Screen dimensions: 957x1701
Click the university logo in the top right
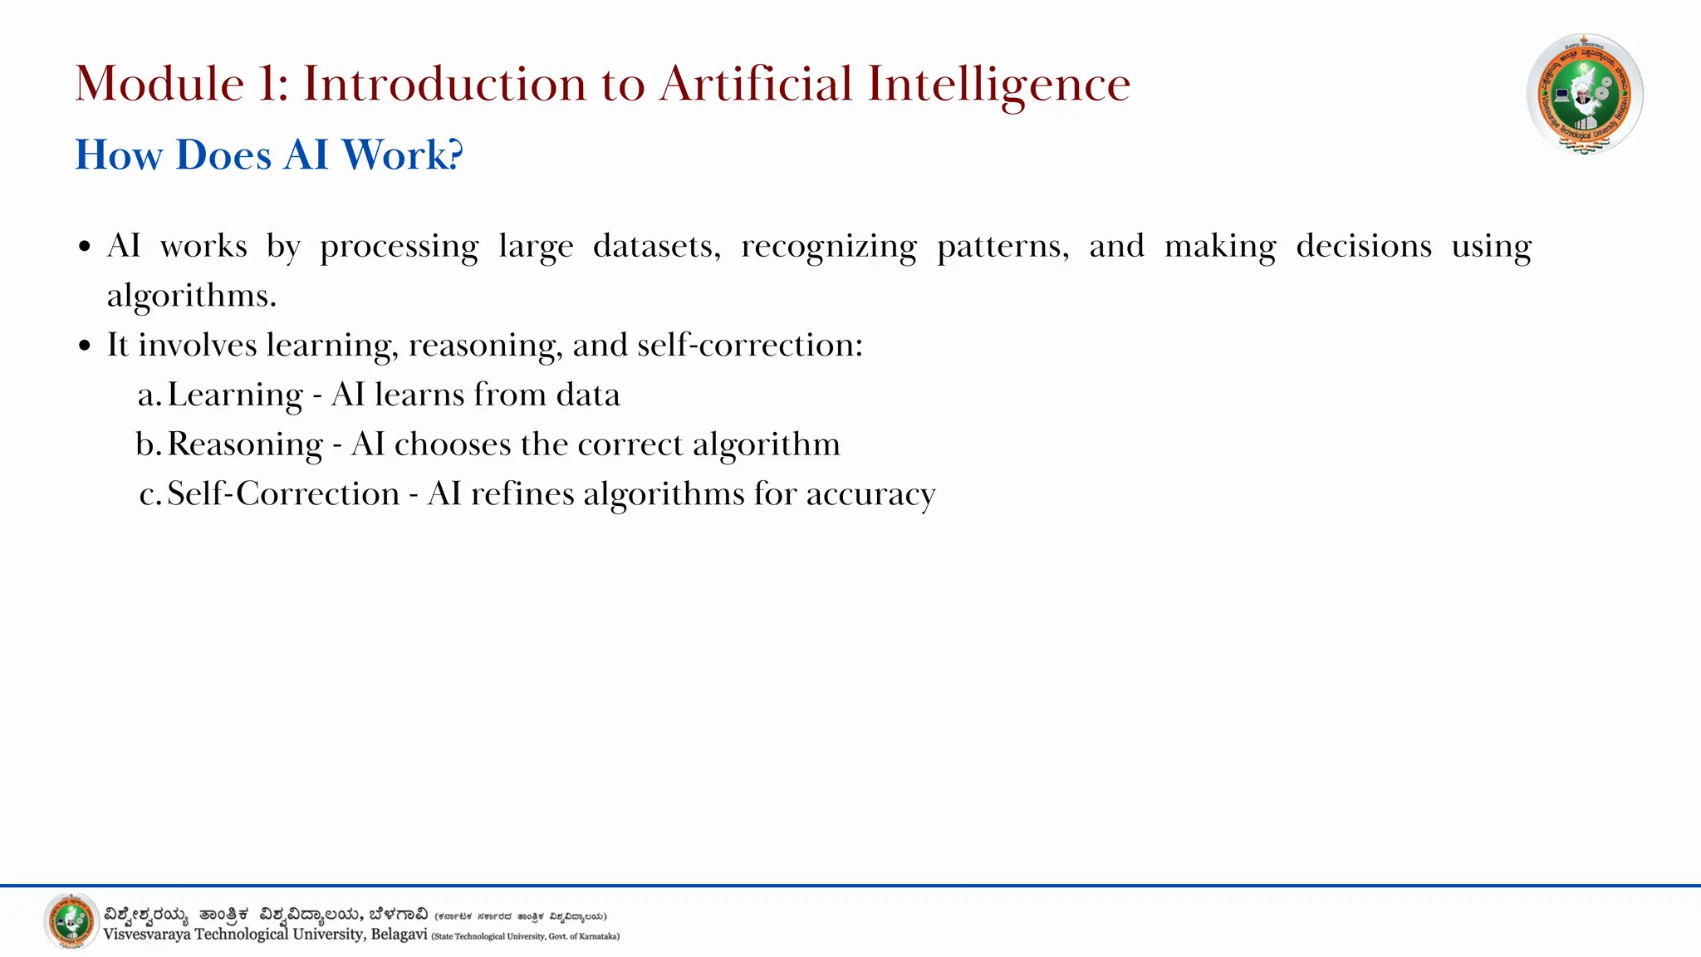click(x=1585, y=94)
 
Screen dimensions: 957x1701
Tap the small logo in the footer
click(x=71, y=920)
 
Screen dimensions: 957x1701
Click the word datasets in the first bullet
click(x=656, y=246)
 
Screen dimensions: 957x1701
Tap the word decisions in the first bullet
click(x=1364, y=246)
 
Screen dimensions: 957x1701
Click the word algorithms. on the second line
click(x=191, y=296)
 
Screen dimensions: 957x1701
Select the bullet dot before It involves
click(x=85, y=346)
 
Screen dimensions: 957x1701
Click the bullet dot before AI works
click(x=85, y=248)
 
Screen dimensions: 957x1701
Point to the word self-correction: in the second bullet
click(x=750, y=345)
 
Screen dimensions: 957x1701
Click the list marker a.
click(x=148, y=395)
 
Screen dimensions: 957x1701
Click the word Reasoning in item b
click(x=245, y=444)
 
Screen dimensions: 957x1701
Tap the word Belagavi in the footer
click(x=399, y=935)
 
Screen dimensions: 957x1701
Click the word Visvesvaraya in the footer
click(x=146, y=935)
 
